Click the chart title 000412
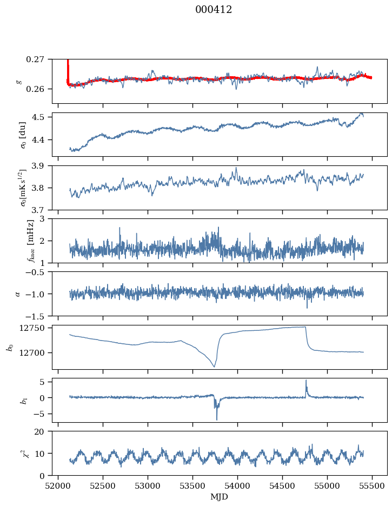(214, 10)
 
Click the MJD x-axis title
(220, 497)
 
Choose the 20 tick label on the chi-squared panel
(43, 432)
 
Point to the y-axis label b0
(10, 347)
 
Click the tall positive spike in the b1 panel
(306, 381)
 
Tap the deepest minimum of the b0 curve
(214, 367)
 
